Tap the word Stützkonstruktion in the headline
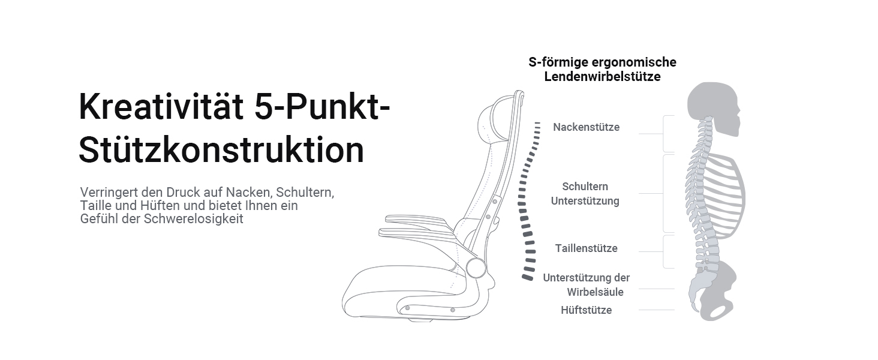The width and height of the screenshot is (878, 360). coord(221,151)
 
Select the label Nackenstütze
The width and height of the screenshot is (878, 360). coord(586,127)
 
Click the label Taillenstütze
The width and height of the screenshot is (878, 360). coord(586,248)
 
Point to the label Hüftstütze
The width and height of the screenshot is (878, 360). coord(586,310)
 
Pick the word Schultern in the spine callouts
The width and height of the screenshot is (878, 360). coord(585,187)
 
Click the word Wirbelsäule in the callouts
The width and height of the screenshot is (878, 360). coord(595,292)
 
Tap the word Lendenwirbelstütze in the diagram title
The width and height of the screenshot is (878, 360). coord(602,77)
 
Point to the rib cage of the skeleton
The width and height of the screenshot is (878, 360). coord(726,192)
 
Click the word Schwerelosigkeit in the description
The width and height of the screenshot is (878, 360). coord(193,219)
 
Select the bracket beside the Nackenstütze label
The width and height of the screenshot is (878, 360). coord(666,134)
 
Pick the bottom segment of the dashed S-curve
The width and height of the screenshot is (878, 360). coord(528,277)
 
